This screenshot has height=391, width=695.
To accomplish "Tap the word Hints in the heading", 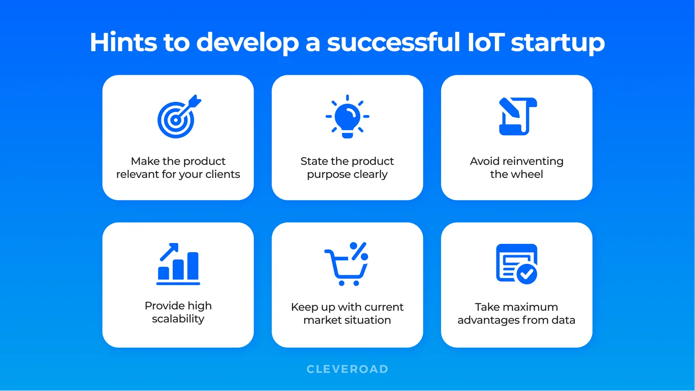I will [123, 43].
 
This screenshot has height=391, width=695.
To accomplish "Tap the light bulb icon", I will [347, 117].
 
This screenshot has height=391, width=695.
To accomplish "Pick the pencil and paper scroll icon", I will [517, 116].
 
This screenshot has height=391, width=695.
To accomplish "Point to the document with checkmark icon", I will [516, 264].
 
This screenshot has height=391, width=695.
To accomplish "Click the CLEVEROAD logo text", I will [347, 369].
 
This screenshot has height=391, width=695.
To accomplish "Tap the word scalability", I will [178, 319].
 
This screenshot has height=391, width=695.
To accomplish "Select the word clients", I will [223, 174].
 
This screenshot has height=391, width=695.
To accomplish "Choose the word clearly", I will [370, 174].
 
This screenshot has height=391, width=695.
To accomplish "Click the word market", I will [323, 320].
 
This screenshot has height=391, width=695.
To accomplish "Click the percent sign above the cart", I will [359, 251].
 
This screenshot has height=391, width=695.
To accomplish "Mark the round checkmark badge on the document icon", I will [527, 274].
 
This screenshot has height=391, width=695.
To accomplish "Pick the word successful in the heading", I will [393, 43].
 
